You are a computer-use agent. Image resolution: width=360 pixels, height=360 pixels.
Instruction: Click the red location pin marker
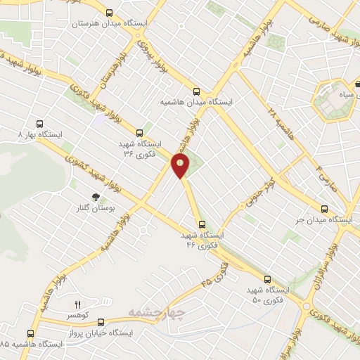coord(181,167)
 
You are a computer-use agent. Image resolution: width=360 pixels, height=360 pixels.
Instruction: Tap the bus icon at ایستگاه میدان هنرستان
coord(109,13)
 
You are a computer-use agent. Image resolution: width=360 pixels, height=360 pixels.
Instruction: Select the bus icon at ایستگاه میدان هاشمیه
coord(196,91)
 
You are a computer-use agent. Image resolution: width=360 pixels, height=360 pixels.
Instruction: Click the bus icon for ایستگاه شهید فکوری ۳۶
coord(139,132)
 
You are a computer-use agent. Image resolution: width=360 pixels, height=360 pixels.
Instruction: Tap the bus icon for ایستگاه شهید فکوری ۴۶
coord(202,224)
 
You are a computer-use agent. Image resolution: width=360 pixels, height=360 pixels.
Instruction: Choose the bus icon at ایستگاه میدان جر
coord(324,209)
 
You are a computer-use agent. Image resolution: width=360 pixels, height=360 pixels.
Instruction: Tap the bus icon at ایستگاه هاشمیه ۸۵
coord(30,333)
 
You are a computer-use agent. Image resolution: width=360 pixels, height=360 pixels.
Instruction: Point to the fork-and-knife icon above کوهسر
coord(78,304)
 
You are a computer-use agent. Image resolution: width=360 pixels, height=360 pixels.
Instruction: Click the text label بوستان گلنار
coord(95,210)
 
